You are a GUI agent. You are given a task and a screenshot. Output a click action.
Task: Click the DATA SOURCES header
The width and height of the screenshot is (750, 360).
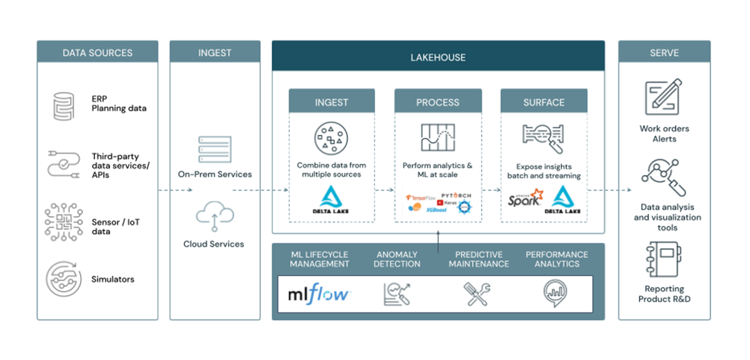(x=97, y=53)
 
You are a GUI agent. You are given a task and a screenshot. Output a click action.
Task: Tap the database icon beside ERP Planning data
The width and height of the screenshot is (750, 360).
(x=62, y=104)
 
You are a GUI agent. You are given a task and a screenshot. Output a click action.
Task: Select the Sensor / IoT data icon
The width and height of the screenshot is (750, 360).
(x=62, y=224)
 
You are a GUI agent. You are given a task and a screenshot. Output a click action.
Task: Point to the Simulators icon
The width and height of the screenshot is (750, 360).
(x=62, y=279)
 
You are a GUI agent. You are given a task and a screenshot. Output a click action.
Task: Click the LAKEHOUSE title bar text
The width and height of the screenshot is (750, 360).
(x=437, y=57)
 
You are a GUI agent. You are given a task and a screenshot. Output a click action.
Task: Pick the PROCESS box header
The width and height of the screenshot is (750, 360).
(x=437, y=102)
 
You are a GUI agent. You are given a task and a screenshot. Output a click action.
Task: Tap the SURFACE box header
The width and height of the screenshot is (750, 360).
(x=544, y=102)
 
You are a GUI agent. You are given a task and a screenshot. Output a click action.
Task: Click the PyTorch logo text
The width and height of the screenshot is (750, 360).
(x=456, y=196)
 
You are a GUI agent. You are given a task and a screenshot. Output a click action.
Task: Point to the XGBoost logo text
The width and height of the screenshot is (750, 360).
(x=436, y=211)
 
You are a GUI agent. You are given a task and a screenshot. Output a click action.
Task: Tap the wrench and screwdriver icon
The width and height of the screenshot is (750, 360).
(x=477, y=293)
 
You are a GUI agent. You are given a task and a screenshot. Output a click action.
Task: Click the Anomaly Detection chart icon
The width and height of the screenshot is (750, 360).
(x=397, y=293)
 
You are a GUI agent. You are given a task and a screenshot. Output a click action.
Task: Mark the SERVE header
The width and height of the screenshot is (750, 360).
(x=664, y=53)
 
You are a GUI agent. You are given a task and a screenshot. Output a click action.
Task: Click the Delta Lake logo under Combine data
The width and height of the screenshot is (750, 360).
(x=331, y=200)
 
